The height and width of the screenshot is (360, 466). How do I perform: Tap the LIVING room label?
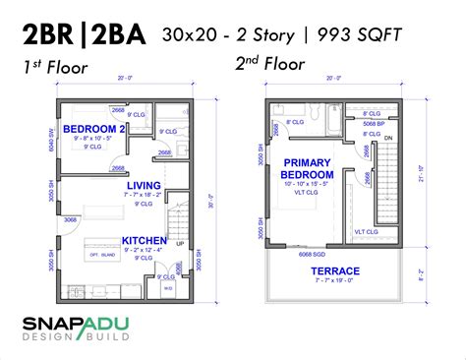143,184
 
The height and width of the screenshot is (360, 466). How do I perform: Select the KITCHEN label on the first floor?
143,239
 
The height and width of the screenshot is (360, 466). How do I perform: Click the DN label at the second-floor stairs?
386,138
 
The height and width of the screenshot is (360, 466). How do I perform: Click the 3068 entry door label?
71,219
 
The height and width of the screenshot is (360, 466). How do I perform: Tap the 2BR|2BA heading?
84,36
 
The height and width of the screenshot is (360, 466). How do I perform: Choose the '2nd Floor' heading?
269,64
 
